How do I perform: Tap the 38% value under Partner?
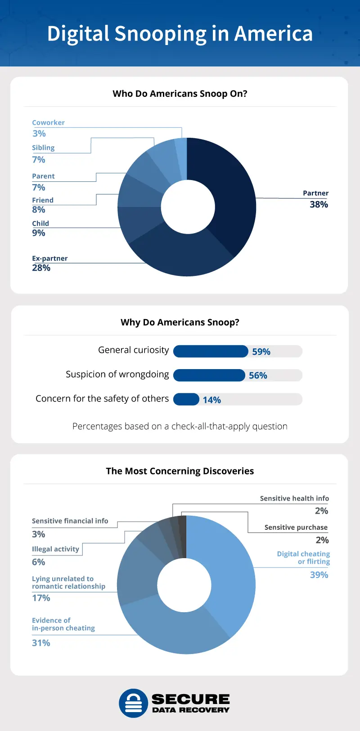(319, 204)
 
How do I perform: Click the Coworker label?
(48, 122)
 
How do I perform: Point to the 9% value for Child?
(39, 233)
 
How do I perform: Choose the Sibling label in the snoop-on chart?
(43, 148)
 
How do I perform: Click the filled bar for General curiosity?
(210, 351)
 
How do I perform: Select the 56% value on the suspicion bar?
(258, 375)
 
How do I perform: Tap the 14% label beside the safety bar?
(211, 400)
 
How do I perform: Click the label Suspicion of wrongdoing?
(117, 375)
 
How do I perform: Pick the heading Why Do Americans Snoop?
(180, 322)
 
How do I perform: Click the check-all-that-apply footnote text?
(180, 426)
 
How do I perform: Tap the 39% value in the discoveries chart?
(319, 575)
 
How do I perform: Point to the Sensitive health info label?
(294, 498)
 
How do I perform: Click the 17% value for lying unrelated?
(41, 598)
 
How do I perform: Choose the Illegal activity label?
(55, 549)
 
